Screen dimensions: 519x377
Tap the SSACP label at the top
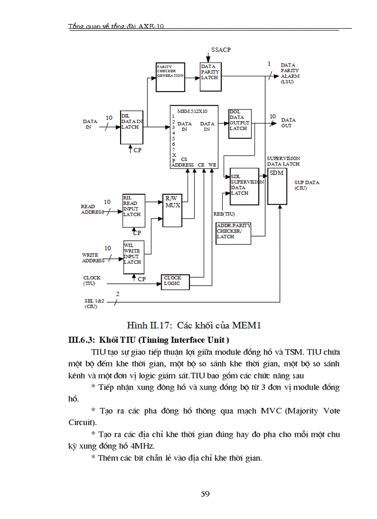pos(221,49)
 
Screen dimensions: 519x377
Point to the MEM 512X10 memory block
pos(194,137)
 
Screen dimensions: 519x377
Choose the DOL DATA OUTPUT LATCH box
pos(239,123)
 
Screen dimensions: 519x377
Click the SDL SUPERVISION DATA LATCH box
pos(244,185)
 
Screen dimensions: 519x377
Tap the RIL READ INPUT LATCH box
pos(134,210)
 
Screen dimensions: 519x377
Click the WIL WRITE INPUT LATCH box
pos(134,256)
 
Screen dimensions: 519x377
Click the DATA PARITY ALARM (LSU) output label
pos(290,73)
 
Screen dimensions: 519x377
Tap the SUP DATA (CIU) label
pos(307,185)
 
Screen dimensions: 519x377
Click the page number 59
pos(206,494)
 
